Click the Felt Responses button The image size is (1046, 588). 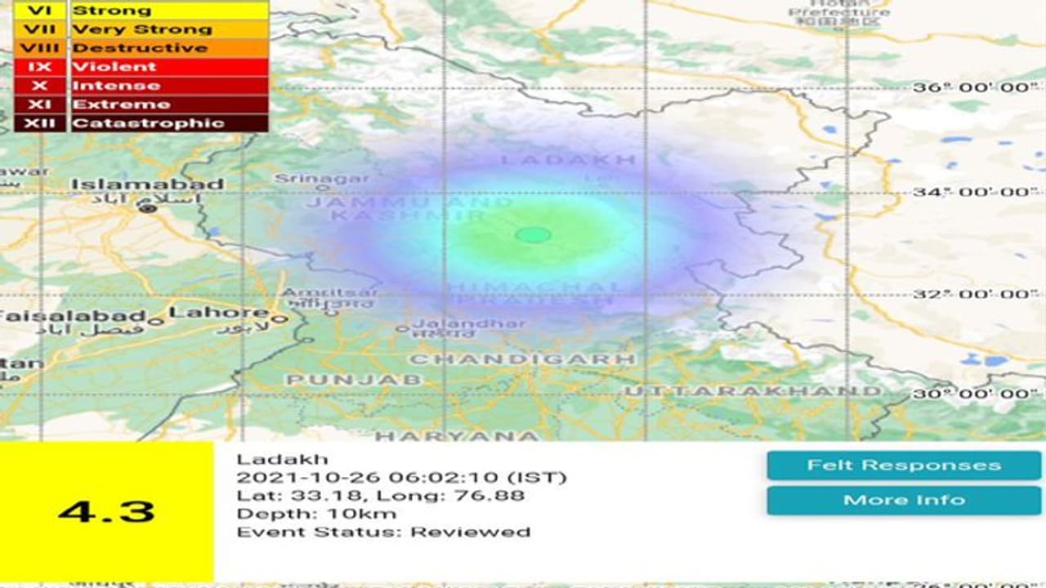pos(904,465)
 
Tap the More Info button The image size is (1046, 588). pos(904,500)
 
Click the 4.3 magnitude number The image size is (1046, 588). pos(106,512)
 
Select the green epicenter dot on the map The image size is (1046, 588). pos(534,235)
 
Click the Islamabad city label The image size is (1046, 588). pos(147,185)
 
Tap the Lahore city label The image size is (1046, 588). pos(218,313)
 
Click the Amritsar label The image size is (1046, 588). pos(330,293)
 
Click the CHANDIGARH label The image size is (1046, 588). pos(521,359)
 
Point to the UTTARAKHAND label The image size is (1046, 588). pos(753,391)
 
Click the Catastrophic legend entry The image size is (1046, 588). pos(148,123)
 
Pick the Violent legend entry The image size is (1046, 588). pos(114,67)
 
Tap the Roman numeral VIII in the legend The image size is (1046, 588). pos(38,48)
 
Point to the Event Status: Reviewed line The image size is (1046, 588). pos(383,532)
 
